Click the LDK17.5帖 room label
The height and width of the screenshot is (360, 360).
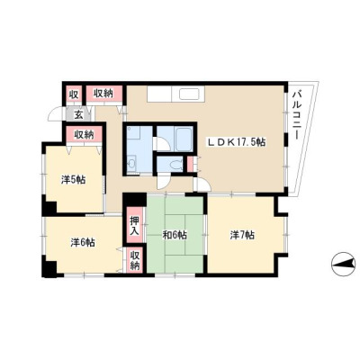tap(237, 142)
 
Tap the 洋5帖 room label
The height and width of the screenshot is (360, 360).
tap(73, 180)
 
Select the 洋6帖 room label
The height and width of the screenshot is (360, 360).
tap(83, 242)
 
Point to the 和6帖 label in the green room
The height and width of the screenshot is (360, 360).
tap(175, 235)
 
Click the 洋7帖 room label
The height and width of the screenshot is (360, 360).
tap(242, 235)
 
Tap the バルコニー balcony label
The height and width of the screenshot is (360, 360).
tap(296, 114)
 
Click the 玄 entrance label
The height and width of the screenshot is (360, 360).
tap(78, 114)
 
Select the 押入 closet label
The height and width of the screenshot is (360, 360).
tap(135, 225)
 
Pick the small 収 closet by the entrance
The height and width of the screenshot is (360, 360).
tap(74, 94)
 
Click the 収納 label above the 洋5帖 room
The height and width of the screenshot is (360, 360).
tap(84, 134)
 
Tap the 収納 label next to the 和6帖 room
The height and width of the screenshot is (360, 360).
tap(135, 260)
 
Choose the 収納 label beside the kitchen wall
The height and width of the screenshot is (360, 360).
tap(104, 94)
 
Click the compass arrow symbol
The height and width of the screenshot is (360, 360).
tap(343, 264)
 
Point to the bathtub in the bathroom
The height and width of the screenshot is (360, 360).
tap(184, 139)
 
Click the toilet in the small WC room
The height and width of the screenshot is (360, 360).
tap(175, 165)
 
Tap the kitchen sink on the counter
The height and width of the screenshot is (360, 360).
tap(189, 94)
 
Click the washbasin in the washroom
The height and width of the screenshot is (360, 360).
tap(131, 164)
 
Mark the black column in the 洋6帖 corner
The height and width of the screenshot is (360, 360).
tap(49, 269)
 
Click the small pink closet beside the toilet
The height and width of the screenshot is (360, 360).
tap(190, 165)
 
